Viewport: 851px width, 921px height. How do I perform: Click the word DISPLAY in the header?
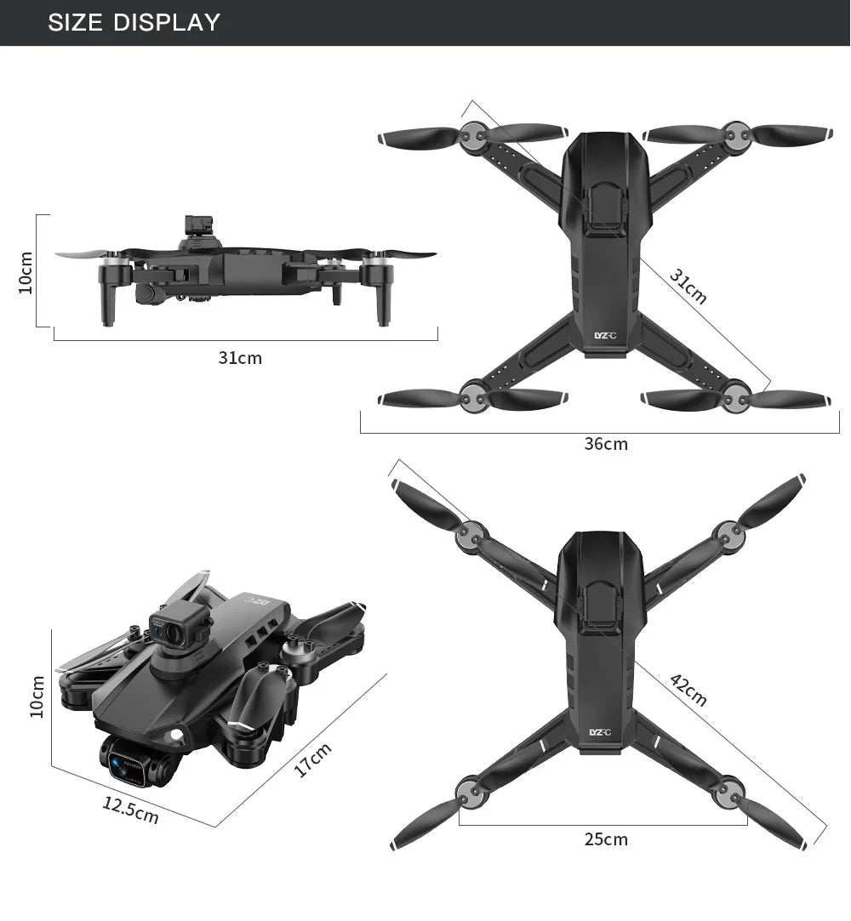pos(168,22)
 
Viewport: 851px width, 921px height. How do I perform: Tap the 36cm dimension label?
pos(605,444)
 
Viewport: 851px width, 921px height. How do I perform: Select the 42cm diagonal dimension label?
pos(688,690)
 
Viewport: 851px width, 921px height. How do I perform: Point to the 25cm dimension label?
pos(605,839)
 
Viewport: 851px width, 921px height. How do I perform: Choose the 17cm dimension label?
pos(312,759)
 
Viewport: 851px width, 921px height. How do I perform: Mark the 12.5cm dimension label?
pos(130,810)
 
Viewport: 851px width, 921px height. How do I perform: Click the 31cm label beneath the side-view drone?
pos(240,358)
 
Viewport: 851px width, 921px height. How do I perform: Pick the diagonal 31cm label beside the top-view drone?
pos(688,286)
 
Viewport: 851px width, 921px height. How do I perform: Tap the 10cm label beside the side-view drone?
pos(26,271)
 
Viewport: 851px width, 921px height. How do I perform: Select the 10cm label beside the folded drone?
pos(37,696)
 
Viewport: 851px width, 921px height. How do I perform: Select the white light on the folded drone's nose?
pos(177,734)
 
